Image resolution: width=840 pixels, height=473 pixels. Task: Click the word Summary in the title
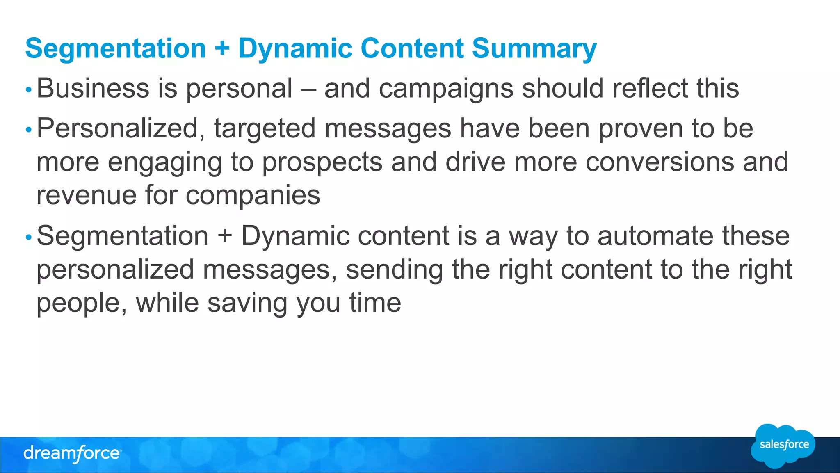tap(534, 48)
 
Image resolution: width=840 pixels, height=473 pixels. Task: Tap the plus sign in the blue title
tap(222, 48)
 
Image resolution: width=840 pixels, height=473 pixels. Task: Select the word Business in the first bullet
tap(93, 88)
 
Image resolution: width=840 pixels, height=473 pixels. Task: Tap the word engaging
tap(164, 162)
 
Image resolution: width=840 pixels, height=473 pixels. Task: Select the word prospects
tap(322, 162)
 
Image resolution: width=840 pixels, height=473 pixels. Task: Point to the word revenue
tap(86, 195)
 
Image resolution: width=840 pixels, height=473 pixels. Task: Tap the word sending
tap(394, 270)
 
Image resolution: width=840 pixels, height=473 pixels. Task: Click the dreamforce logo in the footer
tap(72, 454)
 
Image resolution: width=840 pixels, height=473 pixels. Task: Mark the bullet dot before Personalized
tap(28, 130)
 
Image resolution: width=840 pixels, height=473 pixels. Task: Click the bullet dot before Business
tap(28, 89)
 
